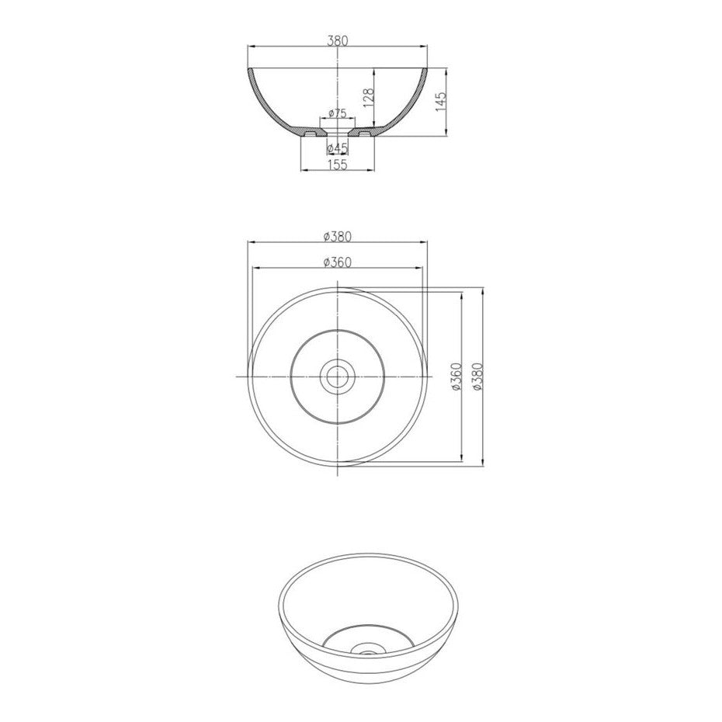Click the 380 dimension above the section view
tap(338, 40)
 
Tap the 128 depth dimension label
tap(368, 98)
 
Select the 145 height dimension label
tap(441, 101)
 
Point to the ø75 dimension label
tap(338, 113)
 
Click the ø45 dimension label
tap(337, 148)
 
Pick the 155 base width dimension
tap(338, 165)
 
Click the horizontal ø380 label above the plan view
tap(338, 236)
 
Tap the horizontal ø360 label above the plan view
tap(338, 262)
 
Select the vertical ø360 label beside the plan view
tap(456, 377)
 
